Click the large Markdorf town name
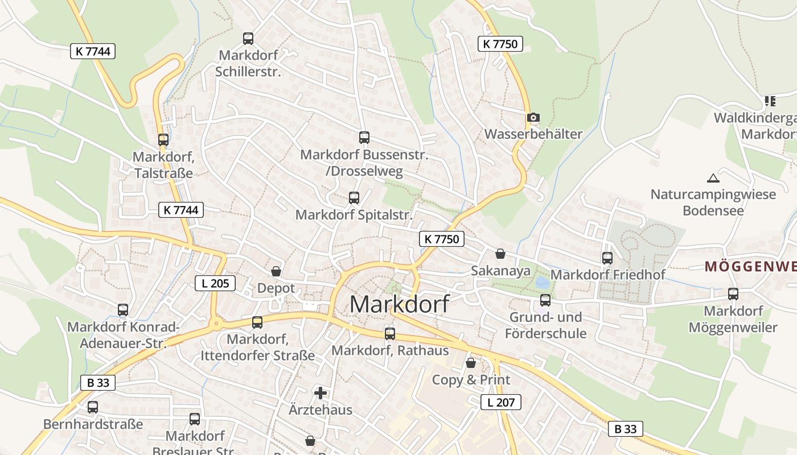(x=398, y=304)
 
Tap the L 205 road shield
(x=215, y=283)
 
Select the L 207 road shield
(x=501, y=403)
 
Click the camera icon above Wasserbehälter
(x=533, y=118)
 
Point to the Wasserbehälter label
(x=533, y=134)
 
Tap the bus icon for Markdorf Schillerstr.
(x=248, y=39)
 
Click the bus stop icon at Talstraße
(x=163, y=139)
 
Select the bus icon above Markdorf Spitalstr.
(x=354, y=198)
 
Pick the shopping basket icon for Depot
(x=276, y=271)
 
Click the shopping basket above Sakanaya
(x=500, y=254)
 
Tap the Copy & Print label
(x=471, y=380)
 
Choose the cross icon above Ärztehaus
(x=321, y=392)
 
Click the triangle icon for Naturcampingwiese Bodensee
(x=713, y=178)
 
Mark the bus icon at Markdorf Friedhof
(x=607, y=258)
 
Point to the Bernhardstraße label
(x=93, y=424)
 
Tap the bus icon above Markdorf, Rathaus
(x=390, y=333)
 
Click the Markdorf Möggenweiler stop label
(x=733, y=319)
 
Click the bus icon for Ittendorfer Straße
(x=257, y=322)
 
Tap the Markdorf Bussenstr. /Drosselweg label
(x=364, y=163)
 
